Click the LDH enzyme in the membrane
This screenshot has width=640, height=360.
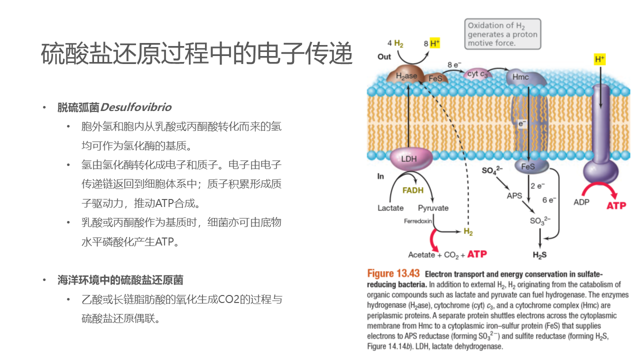pyautogui.click(x=409, y=159)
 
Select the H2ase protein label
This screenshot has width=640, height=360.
pyautogui.click(x=406, y=76)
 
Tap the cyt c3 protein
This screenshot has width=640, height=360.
pyautogui.click(x=477, y=74)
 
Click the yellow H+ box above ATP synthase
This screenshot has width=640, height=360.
pyautogui.click(x=599, y=59)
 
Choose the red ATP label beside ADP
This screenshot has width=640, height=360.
pyautogui.click(x=616, y=205)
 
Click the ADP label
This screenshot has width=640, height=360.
pyautogui.click(x=581, y=202)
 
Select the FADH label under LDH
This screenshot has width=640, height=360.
pyautogui.click(x=413, y=190)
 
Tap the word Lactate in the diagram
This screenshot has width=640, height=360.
pyautogui.click(x=390, y=208)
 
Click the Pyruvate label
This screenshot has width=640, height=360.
pyautogui.click(x=433, y=208)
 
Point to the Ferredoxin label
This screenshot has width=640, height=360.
pyautogui.click(x=418, y=221)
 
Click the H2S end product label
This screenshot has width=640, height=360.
pyautogui.click(x=539, y=254)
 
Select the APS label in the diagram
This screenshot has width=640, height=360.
pyautogui.click(x=514, y=195)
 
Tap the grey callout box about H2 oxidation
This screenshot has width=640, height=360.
pyautogui.click(x=502, y=34)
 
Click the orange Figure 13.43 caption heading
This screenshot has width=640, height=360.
pyautogui.click(x=393, y=273)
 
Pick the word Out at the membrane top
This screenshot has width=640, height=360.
pyautogui.click(x=384, y=56)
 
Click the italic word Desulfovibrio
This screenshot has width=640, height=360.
pyautogui.click(x=135, y=107)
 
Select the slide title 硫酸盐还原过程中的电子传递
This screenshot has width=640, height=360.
pyautogui.click(x=196, y=54)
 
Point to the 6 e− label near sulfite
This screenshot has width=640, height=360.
pyautogui.click(x=549, y=200)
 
